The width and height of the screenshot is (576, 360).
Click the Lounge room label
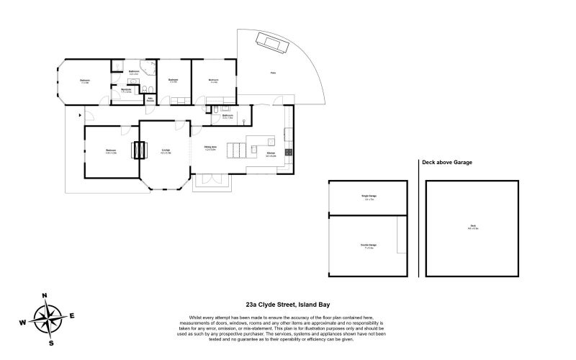click(165, 151)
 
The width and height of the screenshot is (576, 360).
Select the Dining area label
click(210, 149)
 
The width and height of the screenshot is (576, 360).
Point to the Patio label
click(273, 73)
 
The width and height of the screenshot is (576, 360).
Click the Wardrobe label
click(126, 91)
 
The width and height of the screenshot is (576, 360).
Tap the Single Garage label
click(369, 197)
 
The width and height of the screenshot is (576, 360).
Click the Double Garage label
click(369, 246)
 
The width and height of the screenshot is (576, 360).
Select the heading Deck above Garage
click(448, 163)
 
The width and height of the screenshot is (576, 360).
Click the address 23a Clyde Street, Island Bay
click(288, 305)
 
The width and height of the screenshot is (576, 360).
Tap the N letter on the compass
click(44, 295)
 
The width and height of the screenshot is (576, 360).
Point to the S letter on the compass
click(50, 343)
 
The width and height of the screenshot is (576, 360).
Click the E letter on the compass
click(71, 315)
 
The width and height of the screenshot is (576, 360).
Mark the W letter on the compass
click(22, 323)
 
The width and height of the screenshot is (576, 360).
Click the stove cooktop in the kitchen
click(289, 152)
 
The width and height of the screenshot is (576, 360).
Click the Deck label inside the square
click(473, 228)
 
